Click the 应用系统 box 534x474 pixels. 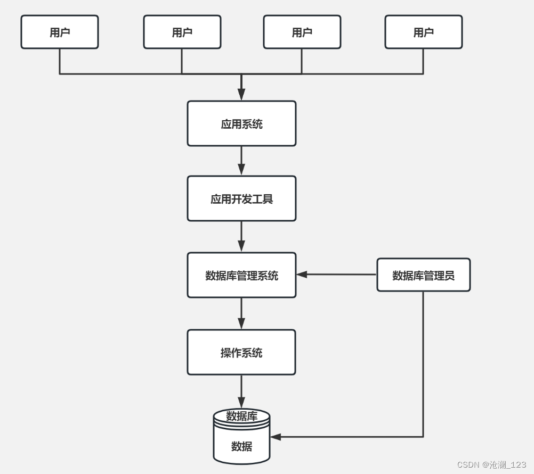click(x=241, y=123)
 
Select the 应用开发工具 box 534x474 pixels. click(x=241, y=198)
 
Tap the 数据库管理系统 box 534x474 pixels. click(x=241, y=275)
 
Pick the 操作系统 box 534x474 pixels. click(x=241, y=352)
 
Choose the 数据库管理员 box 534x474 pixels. click(x=423, y=275)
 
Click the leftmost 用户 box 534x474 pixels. click(x=60, y=32)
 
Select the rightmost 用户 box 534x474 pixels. click(x=423, y=32)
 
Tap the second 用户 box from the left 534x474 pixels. click(x=182, y=32)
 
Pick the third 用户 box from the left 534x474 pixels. click(x=302, y=32)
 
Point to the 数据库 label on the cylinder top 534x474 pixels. click(x=242, y=416)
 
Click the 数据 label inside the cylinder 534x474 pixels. click(x=242, y=446)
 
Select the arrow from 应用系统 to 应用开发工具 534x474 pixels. click(x=241, y=161)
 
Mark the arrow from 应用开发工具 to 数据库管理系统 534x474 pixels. click(x=241, y=237)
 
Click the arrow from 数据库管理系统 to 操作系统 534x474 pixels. click(x=241, y=313)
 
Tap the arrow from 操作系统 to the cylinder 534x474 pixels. click(x=241, y=392)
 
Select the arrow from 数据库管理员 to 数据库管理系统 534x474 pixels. click(x=336, y=275)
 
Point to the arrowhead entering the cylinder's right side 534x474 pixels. click(x=276, y=437)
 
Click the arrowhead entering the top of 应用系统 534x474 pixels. click(x=241, y=95)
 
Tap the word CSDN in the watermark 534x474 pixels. click(x=468, y=464)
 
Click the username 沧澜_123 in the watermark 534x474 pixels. click(x=507, y=465)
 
